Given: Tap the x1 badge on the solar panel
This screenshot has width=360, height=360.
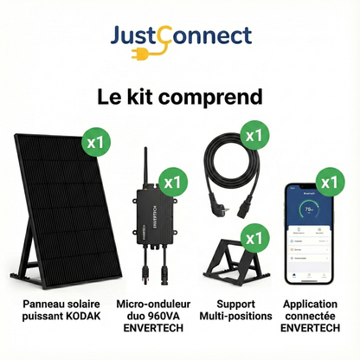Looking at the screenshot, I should (x=94, y=140).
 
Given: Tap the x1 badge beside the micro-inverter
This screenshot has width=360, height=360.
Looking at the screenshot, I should (x=175, y=182).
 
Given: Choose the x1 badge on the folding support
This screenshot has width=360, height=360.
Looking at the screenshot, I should (x=254, y=235).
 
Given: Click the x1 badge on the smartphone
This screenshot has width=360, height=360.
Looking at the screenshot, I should (x=329, y=182).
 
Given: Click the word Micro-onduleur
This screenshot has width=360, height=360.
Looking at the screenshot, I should (x=145, y=304).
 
